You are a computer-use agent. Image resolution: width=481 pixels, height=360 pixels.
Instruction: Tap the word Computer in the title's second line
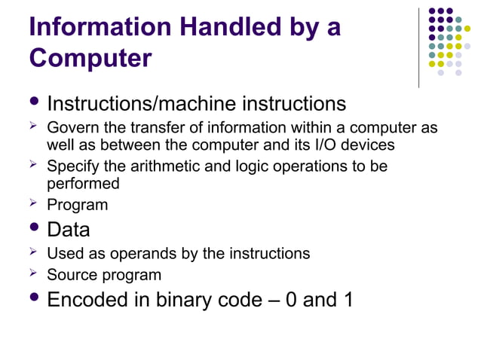click(x=90, y=58)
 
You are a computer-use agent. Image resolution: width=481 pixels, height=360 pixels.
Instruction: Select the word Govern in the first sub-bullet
click(x=70, y=129)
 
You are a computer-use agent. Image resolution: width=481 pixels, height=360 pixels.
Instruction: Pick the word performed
click(x=83, y=183)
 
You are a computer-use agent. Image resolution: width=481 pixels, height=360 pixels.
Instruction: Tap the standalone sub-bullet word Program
click(x=78, y=205)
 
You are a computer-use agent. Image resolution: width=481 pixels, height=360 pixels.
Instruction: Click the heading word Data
click(x=69, y=229)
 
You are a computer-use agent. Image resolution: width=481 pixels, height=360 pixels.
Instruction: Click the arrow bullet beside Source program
click(x=32, y=274)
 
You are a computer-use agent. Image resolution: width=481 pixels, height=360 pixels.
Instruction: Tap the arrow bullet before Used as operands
click(x=32, y=253)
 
